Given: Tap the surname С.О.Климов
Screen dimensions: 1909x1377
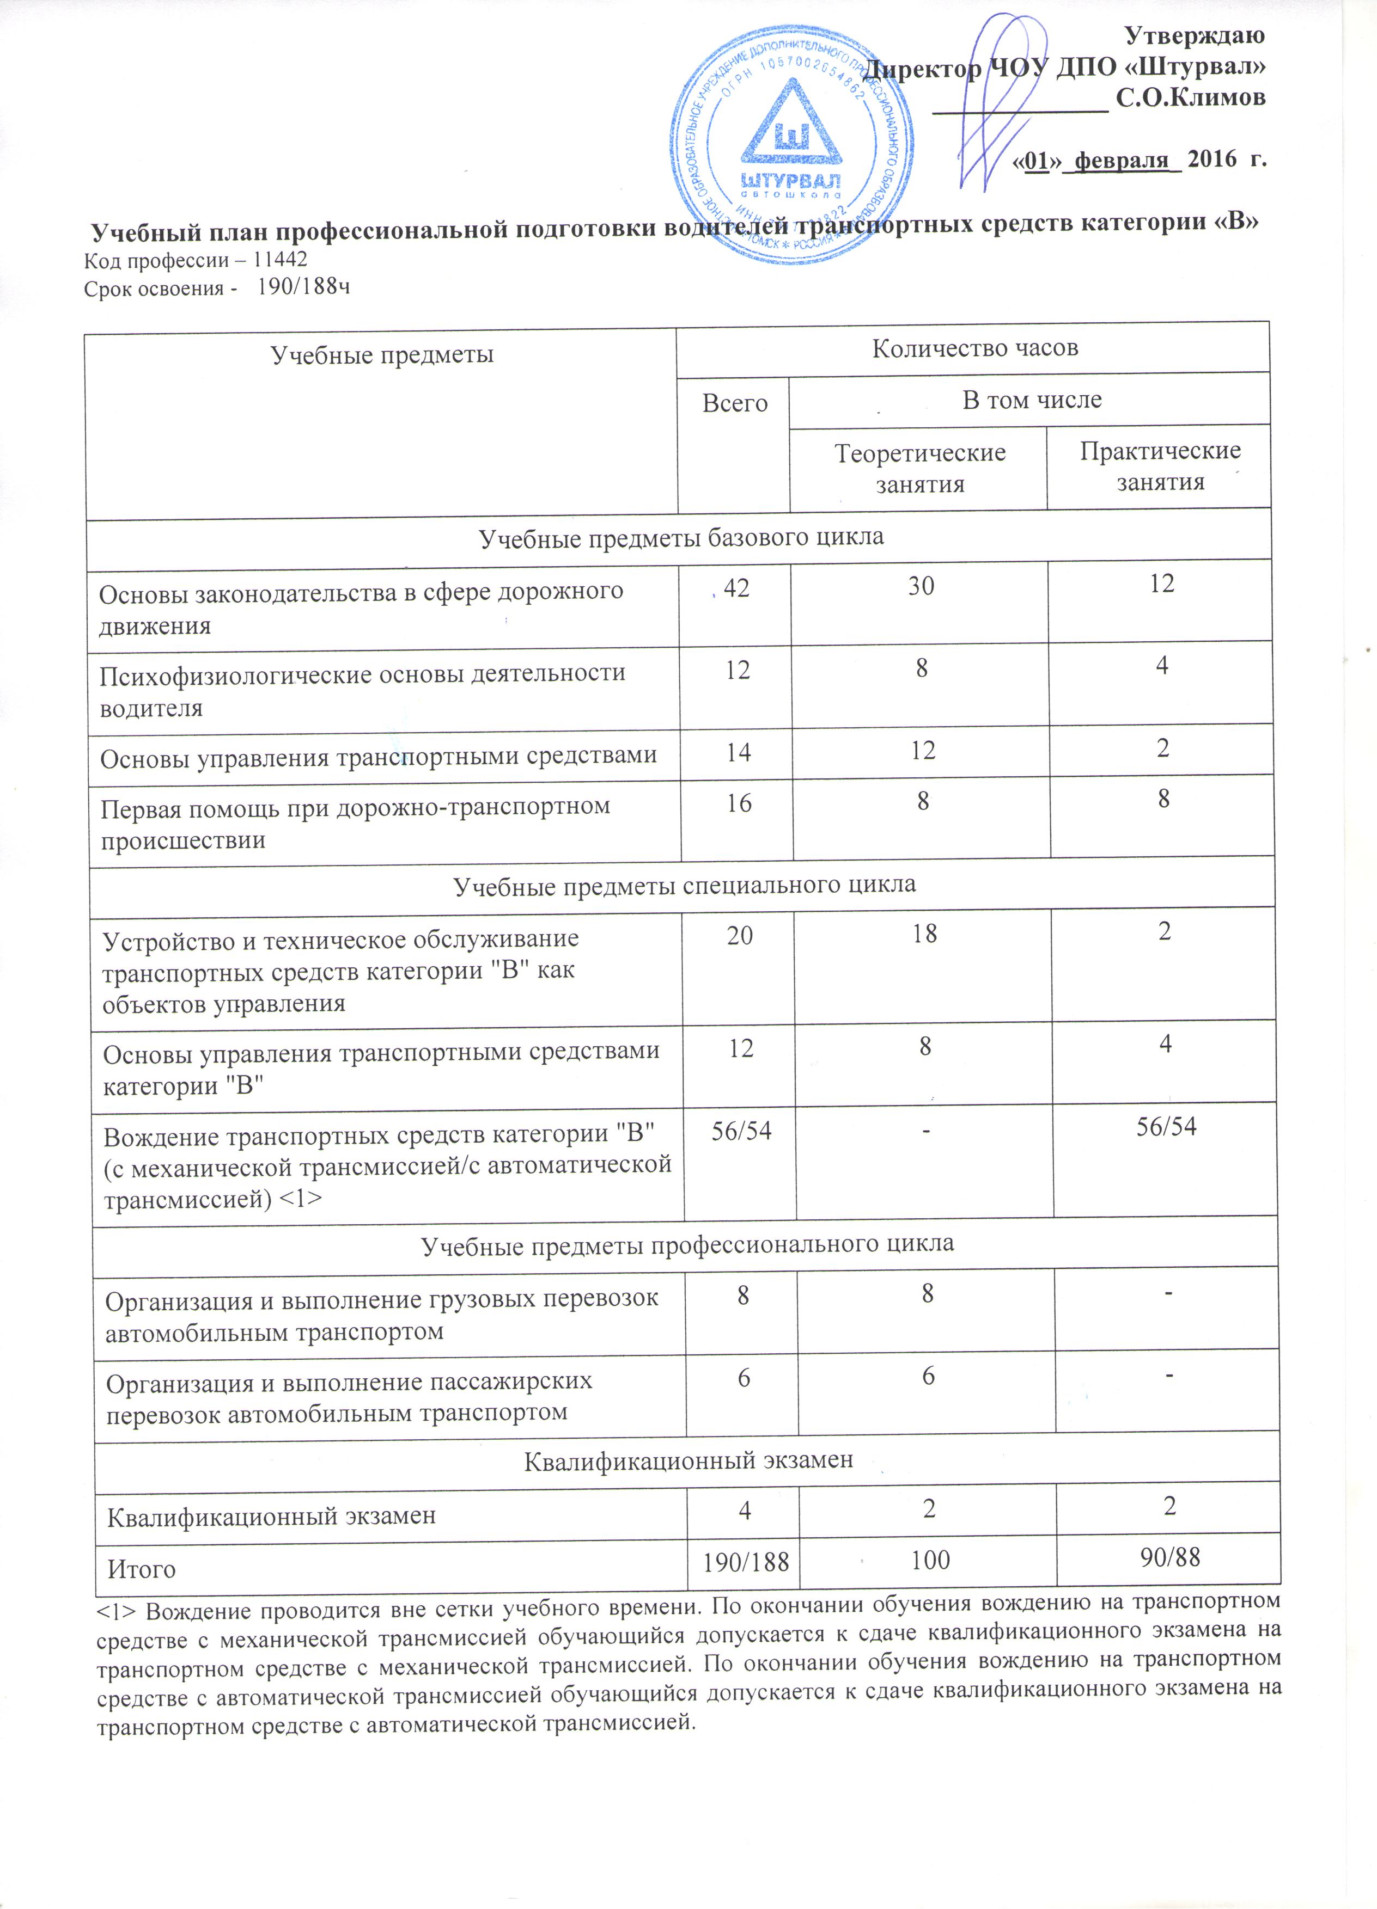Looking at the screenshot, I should (1190, 99).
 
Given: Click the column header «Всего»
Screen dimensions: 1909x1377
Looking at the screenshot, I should (735, 403).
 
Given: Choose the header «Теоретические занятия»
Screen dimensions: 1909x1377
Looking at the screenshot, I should (919, 468).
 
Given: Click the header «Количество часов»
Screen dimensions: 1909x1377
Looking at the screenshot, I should (974, 348).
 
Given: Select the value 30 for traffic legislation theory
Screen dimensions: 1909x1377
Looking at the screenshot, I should (922, 586).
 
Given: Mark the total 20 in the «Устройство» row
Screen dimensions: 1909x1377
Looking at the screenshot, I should (740, 934).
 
